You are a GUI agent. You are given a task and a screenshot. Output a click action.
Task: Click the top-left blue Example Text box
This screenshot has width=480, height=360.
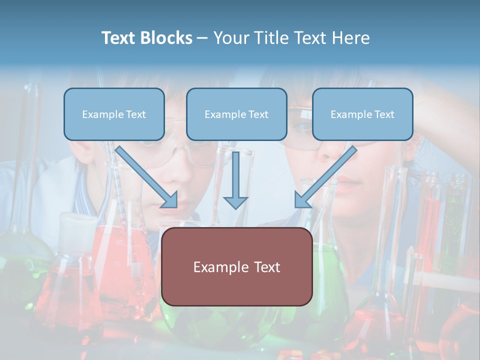[114, 114]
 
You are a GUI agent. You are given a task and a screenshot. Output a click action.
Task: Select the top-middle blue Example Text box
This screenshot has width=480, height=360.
[236, 114]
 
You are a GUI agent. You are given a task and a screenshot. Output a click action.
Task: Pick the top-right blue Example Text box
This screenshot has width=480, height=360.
[362, 114]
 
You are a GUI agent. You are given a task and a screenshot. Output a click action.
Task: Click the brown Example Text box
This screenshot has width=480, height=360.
[236, 266]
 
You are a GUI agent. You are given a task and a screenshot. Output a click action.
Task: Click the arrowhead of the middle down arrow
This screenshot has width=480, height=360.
[235, 202]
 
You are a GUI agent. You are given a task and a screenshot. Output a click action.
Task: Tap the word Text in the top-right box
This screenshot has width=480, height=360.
[384, 114]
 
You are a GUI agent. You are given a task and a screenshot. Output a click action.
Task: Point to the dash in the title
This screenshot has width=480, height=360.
[202, 38]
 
